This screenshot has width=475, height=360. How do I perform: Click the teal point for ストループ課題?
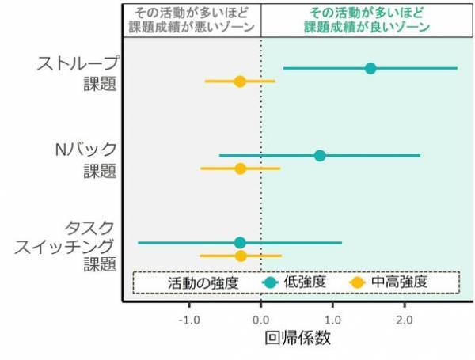click(370, 68)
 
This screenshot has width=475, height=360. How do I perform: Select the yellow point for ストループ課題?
click(240, 81)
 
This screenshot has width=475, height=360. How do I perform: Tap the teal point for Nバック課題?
click(320, 155)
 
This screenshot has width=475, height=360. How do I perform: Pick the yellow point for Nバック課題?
click(241, 169)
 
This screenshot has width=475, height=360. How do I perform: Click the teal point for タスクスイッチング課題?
click(240, 242)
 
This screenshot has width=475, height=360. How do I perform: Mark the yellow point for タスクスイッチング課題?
click(241, 256)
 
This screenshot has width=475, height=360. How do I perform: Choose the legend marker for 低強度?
click(270, 282)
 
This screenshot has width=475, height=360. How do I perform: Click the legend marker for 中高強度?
click(356, 282)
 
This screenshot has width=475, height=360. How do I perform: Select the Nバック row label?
click(85, 150)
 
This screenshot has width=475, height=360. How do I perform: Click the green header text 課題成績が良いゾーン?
click(367, 27)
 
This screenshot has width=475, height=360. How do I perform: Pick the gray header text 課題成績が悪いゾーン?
click(191, 27)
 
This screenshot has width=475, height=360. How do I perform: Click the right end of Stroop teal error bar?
click(457, 68)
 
